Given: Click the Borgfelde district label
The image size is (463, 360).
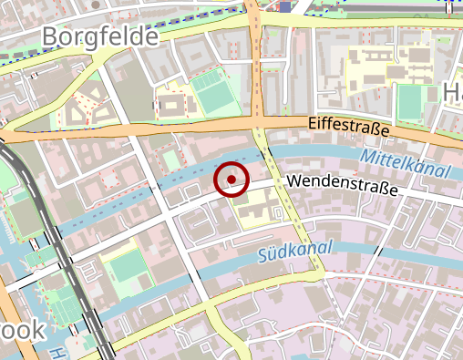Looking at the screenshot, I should click(x=99, y=37).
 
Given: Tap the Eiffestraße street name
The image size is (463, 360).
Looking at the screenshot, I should click(x=348, y=126).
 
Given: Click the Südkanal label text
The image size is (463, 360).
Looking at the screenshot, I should click(x=295, y=250).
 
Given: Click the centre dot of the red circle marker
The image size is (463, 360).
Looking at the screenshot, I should click(x=232, y=180).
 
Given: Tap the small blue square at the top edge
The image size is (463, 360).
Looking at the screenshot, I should click(x=285, y=6).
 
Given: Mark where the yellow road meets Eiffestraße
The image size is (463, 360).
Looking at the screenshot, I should click(x=260, y=123).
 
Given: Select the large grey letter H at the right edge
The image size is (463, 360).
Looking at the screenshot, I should click(x=453, y=92).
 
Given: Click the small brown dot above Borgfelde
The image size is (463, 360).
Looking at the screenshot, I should click(x=96, y=3).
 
